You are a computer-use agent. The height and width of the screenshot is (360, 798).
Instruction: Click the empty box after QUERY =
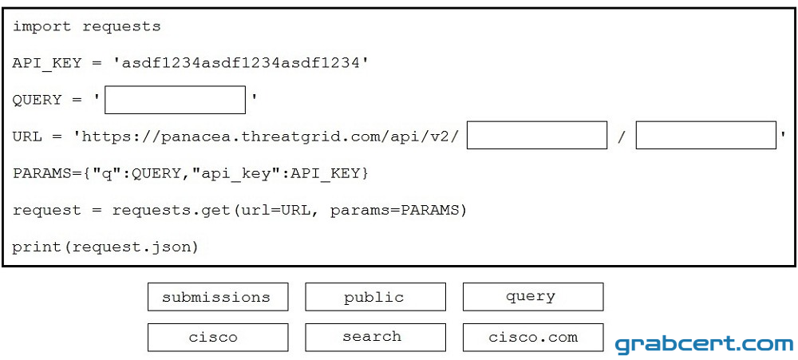[x=175, y=100]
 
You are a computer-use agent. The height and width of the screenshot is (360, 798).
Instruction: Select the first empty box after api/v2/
[x=537, y=135]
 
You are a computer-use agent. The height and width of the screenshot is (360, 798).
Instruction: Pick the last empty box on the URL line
[x=706, y=135]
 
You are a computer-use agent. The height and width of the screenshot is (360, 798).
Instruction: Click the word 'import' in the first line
[x=41, y=26]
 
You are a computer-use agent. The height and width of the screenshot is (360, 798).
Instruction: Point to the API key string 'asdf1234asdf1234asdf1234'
[x=241, y=63]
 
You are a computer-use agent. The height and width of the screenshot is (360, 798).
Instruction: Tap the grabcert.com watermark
[x=704, y=345]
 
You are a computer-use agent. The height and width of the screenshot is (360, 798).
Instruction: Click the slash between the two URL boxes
[x=622, y=136]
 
